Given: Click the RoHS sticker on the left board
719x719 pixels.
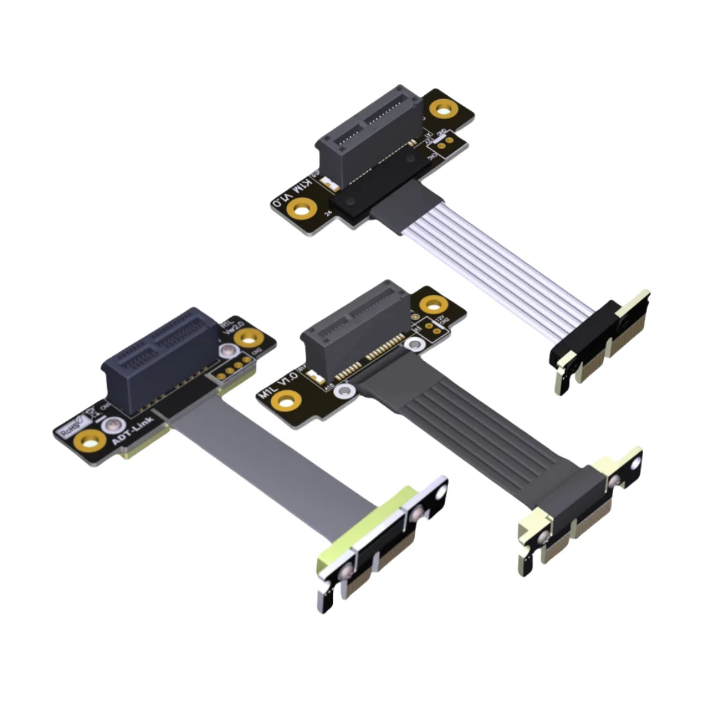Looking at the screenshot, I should [x=73, y=424].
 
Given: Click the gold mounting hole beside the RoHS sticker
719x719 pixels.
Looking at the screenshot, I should [x=93, y=440].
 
